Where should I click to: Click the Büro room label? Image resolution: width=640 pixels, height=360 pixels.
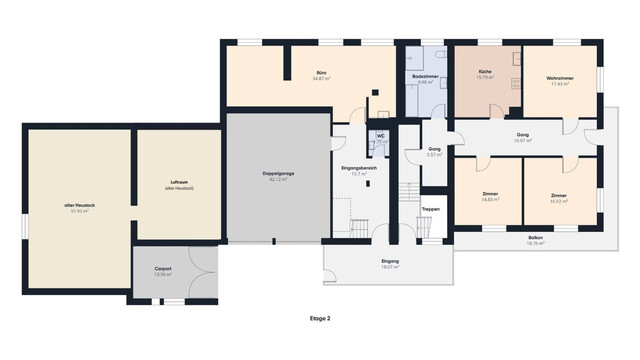322,74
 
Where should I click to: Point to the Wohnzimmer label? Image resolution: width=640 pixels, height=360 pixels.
558,77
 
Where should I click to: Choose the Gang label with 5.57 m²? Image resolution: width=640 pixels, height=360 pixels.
434,148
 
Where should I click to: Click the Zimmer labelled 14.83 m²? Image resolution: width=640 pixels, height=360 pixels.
490,194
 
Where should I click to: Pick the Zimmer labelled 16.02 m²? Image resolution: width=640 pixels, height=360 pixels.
558,194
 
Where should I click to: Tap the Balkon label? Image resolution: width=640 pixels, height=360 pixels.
536,237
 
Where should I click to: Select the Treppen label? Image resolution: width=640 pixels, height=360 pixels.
430,209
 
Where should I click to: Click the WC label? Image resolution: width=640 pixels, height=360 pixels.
381,135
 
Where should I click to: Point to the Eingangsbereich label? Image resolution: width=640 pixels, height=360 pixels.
357,167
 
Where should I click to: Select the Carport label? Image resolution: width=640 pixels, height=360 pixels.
163,269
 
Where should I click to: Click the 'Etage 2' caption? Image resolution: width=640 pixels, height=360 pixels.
320,318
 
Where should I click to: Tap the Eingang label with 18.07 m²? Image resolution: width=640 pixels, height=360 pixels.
389,261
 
